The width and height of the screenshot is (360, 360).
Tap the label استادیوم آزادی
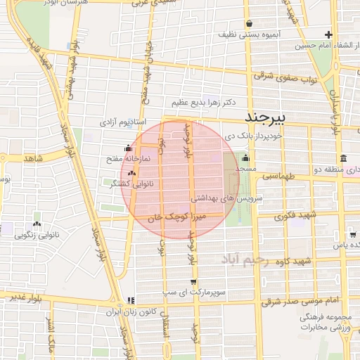coord(122,122)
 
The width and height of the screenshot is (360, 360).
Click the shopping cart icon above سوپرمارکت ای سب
coord(193,282)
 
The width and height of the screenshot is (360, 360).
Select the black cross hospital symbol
coord(328,34)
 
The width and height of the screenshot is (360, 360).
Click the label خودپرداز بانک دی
coord(252,136)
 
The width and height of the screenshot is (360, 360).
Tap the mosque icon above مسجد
coord(245,157)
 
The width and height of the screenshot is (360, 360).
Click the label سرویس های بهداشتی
coord(231,199)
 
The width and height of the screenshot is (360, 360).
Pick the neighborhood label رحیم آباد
coord(244,260)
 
